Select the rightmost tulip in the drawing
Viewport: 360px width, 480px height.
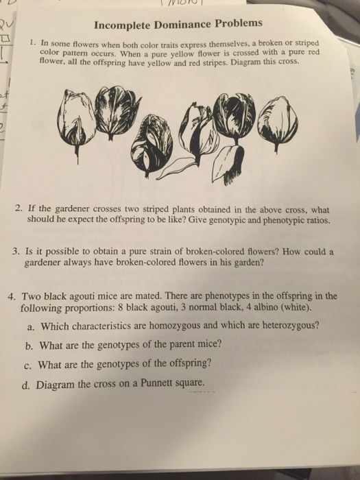coord(281,119)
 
